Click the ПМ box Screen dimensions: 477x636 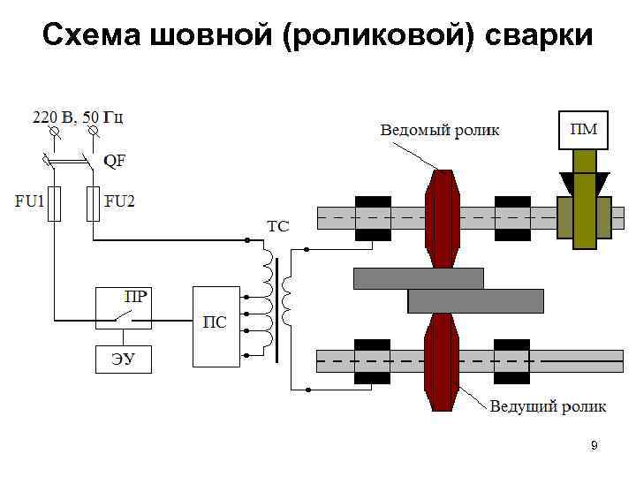tap(583, 130)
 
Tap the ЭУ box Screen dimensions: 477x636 tap(122, 358)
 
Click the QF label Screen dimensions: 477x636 tap(114, 161)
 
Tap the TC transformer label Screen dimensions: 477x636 tap(277, 226)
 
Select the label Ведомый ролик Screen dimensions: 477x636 tap(439, 130)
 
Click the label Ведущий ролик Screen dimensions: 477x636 tap(548, 406)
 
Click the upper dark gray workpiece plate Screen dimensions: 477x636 tap(418, 278)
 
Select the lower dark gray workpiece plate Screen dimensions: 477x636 tap(475, 301)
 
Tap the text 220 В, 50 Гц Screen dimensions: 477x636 tap(79, 117)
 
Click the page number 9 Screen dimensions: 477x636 tap(594, 446)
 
